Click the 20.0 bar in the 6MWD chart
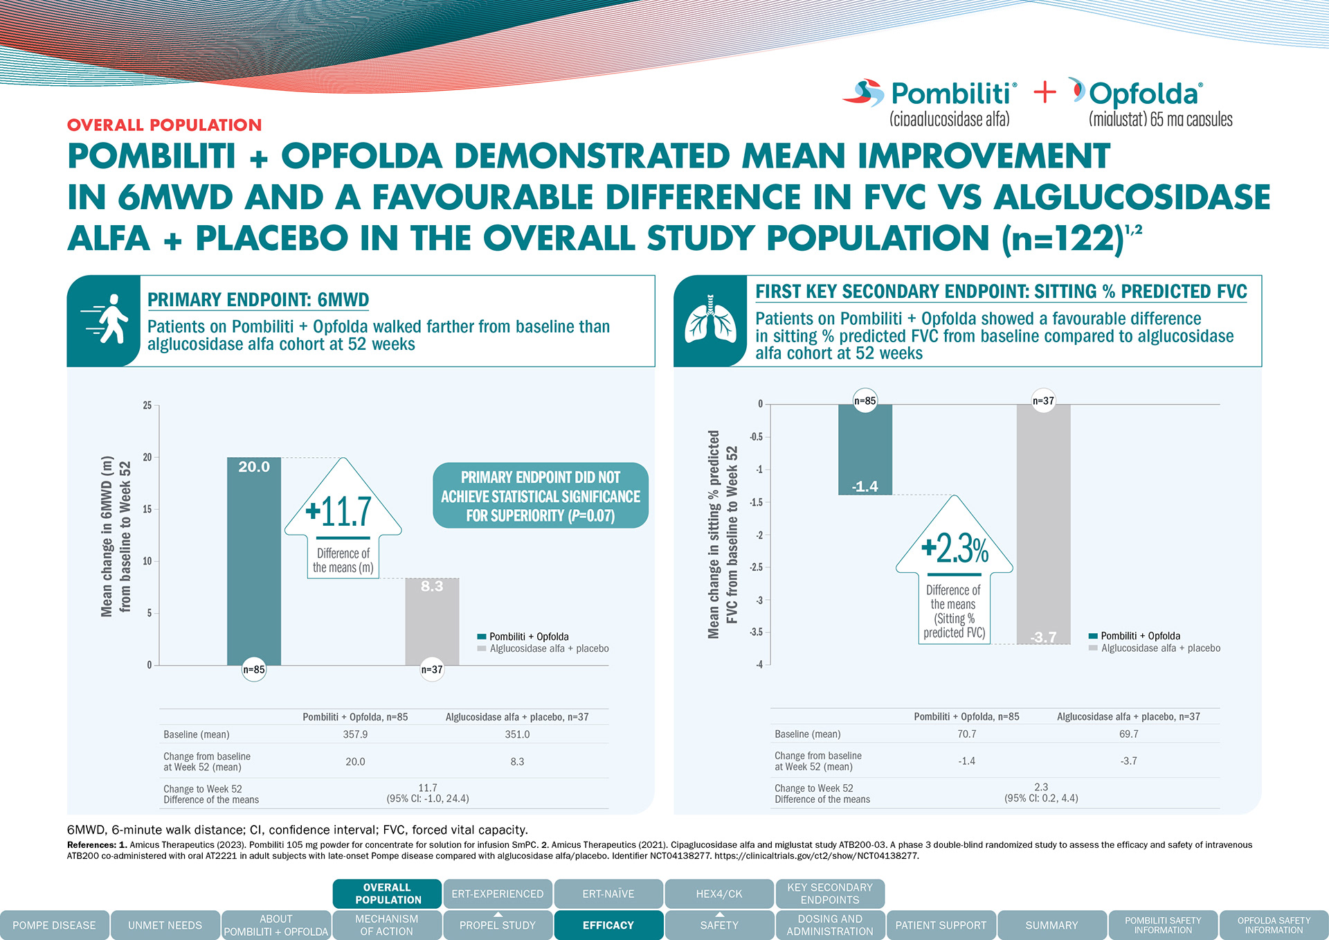[x=254, y=561]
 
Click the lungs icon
[x=710, y=319]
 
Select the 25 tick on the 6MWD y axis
[x=147, y=405]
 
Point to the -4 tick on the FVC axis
[x=759, y=665]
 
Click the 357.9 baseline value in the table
[x=355, y=734]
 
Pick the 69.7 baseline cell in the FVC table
[x=1128, y=734]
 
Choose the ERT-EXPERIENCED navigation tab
[x=498, y=894]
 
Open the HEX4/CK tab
[x=719, y=894]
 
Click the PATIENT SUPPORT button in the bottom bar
[x=941, y=925]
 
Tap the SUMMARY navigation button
[x=1051, y=925]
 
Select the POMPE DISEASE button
[x=54, y=925]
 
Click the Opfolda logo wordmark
[x=1145, y=94]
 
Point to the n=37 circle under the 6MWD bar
[x=432, y=670]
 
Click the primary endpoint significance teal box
[x=540, y=496]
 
